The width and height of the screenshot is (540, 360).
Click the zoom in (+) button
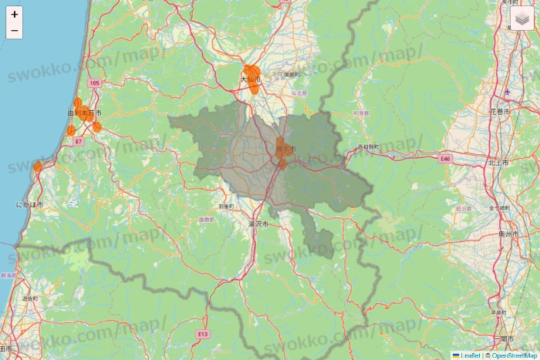(x=15, y=15)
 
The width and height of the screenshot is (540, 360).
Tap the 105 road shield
(x=94, y=82)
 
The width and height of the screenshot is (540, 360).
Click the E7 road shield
(x=79, y=141)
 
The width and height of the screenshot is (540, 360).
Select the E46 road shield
(x=444, y=159)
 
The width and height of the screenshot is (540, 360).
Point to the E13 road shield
(x=202, y=335)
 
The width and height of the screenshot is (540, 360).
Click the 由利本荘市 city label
(x=84, y=113)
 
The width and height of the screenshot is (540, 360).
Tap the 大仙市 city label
(x=251, y=79)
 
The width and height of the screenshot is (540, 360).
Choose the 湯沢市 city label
(x=257, y=224)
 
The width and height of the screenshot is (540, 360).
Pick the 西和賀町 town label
(x=369, y=146)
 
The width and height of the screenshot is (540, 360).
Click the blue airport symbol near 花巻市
(x=507, y=93)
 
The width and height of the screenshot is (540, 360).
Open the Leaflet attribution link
(x=470, y=355)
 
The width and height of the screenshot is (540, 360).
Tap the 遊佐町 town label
(x=29, y=298)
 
